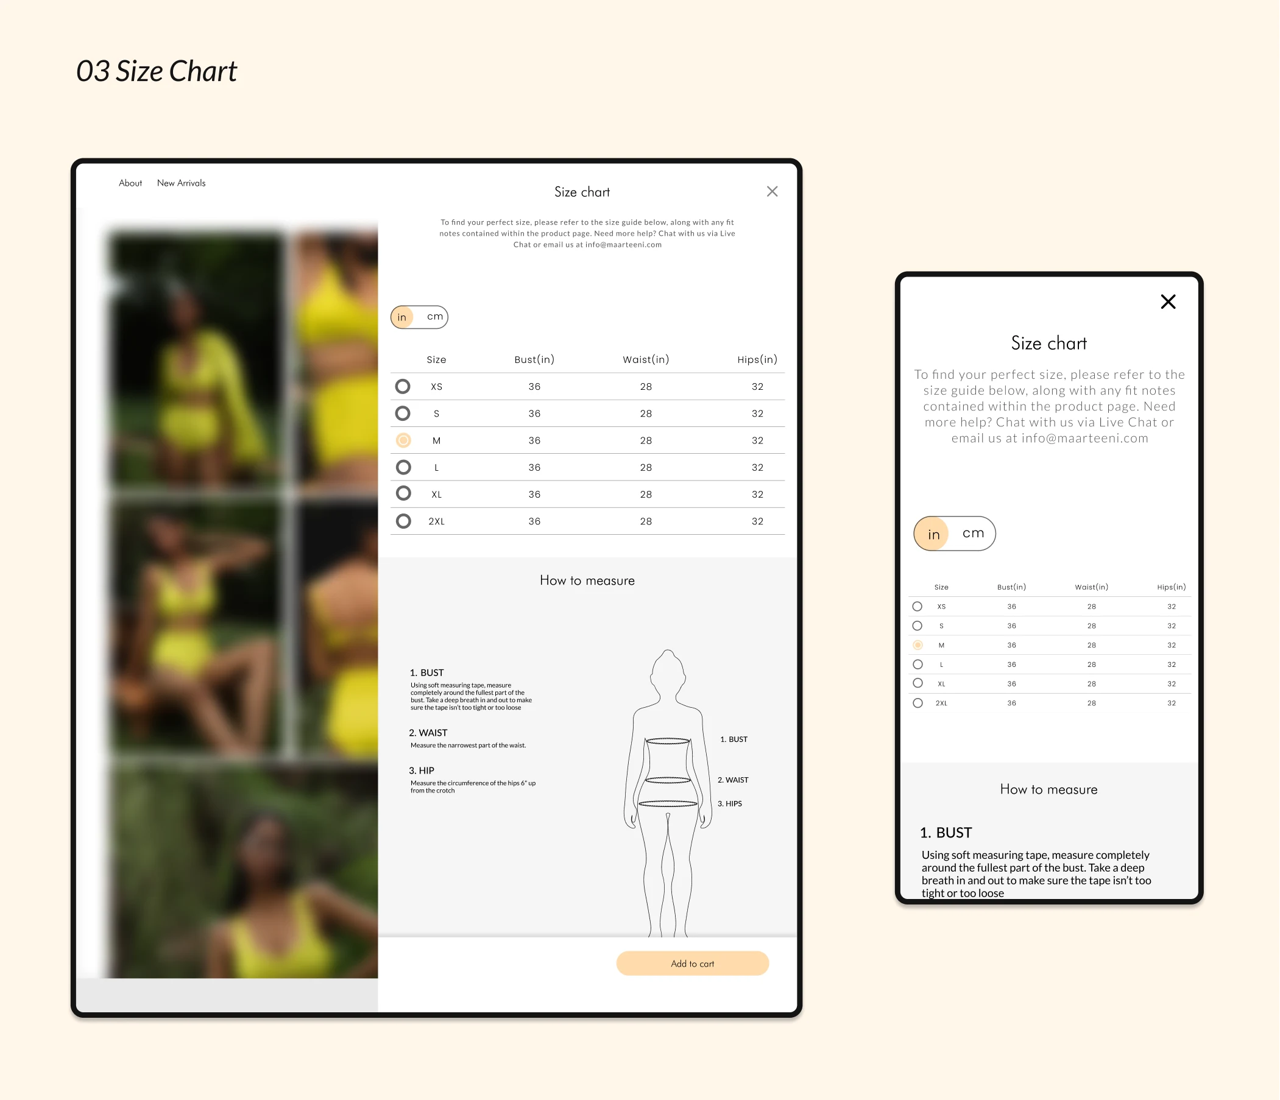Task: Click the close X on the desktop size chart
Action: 772,191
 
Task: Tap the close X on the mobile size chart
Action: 1167,301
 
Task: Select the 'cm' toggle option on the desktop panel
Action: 435,317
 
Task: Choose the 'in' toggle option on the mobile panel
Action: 933,534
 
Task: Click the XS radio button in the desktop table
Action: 403,387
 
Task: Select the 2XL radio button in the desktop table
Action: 403,521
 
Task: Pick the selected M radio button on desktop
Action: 403,440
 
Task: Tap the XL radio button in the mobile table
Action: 918,683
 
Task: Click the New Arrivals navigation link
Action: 181,183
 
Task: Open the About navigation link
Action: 130,183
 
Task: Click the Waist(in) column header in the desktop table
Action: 646,359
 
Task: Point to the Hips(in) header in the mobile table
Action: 1172,587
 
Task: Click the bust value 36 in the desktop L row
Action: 534,468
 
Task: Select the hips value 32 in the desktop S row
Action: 757,414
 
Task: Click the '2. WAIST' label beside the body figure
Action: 733,780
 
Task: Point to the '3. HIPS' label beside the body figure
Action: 730,803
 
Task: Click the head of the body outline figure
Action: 668,672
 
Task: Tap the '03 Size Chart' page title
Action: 157,71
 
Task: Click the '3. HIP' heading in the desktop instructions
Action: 422,771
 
